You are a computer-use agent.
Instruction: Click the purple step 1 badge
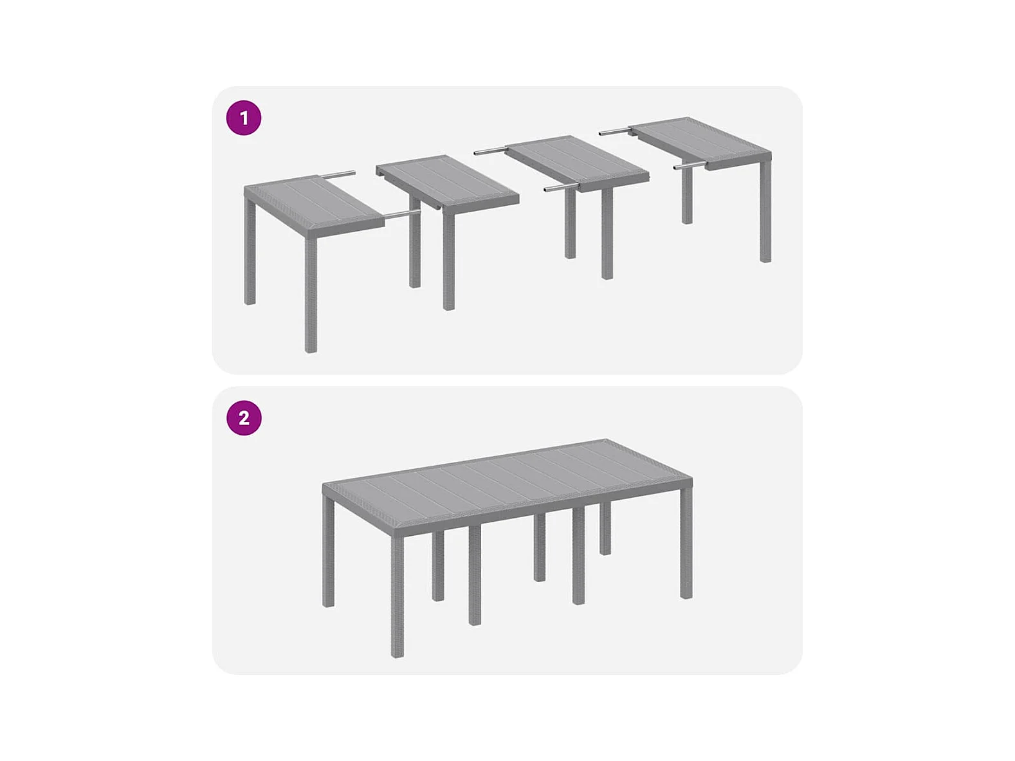point(244,118)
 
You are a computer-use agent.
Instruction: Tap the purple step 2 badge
point(244,418)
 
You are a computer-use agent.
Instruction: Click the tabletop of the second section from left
point(448,183)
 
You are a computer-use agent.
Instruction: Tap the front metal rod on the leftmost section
point(402,213)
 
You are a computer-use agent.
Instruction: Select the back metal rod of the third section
point(491,151)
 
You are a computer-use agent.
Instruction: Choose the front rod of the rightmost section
point(690,165)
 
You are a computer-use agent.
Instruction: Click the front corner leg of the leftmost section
point(311,295)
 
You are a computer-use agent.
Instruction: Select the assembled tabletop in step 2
point(507,488)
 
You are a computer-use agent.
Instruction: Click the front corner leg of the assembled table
point(398,597)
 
